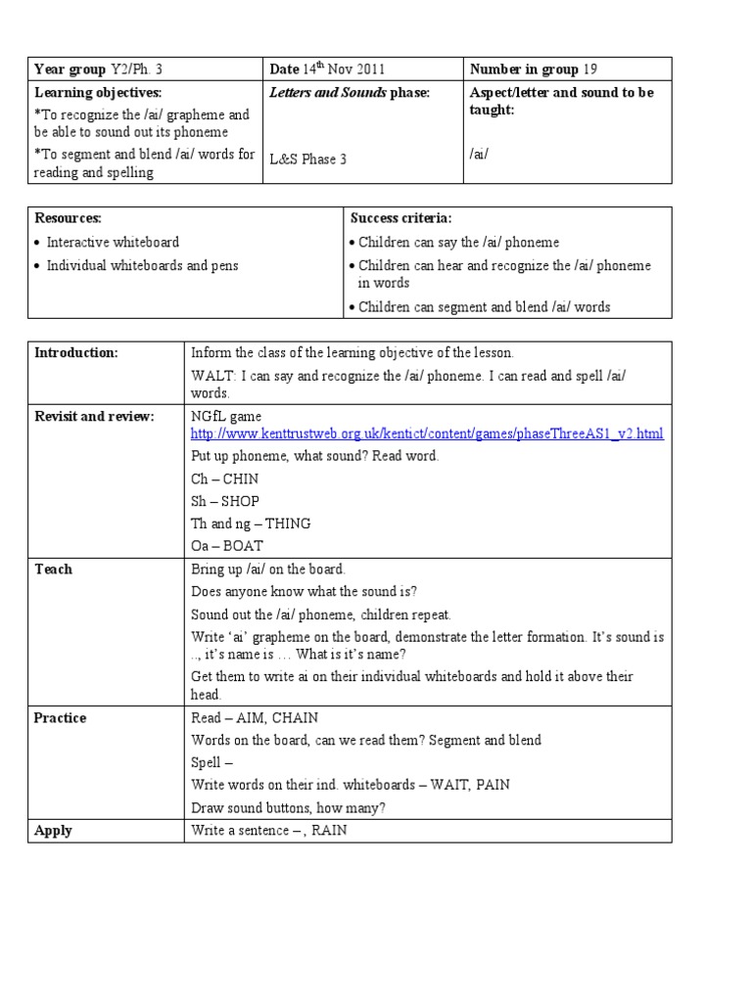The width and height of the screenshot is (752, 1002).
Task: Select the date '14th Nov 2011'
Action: [344, 68]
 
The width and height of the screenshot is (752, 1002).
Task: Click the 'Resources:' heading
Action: [68, 218]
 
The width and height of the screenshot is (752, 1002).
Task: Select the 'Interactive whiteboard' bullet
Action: [113, 242]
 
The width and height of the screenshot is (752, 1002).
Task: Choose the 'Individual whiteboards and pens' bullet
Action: [142, 265]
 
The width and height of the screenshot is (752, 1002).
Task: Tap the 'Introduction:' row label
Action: [75, 353]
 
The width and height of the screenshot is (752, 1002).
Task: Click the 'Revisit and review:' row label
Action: [94, 417]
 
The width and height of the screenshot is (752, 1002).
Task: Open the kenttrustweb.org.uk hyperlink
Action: [427, 433]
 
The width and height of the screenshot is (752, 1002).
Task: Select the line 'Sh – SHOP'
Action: [224, 501]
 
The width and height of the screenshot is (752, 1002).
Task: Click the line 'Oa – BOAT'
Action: [227, 546]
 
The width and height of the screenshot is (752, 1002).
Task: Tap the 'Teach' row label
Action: [53, 569]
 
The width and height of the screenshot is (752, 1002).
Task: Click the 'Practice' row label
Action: [60, 717]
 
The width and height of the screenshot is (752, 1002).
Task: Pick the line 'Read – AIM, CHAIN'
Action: [255, 717]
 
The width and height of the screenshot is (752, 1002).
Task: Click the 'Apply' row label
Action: [53, 831]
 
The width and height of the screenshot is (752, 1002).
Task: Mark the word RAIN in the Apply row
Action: [329, 831]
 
